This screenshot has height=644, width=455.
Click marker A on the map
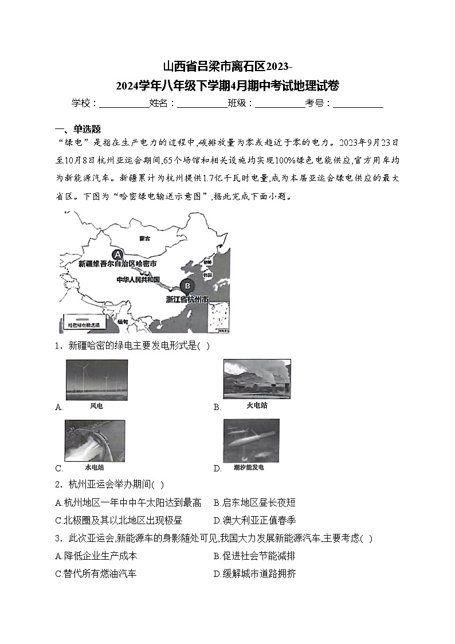tap(118, 254)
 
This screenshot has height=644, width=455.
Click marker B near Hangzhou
tap(186, 285)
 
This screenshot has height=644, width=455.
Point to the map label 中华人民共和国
tap(138, 280)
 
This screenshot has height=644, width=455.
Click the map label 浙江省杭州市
tap(187, 299)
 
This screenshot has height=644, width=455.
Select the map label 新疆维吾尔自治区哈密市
tap(117, 264)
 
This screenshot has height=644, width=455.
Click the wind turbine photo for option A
tap(97, 380)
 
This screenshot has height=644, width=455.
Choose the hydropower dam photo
tap(95, 440)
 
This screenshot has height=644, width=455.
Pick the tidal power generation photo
tap(251, 440)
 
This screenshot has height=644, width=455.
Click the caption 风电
tap(96, 405)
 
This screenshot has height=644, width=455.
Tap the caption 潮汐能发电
tap(249, 467)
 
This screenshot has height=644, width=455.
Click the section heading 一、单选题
tap(77, 128)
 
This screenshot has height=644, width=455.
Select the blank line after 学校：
tap(124, 103)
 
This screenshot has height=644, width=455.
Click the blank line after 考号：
tap(358, 103)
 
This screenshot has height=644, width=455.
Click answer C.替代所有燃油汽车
tap(96, 573)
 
